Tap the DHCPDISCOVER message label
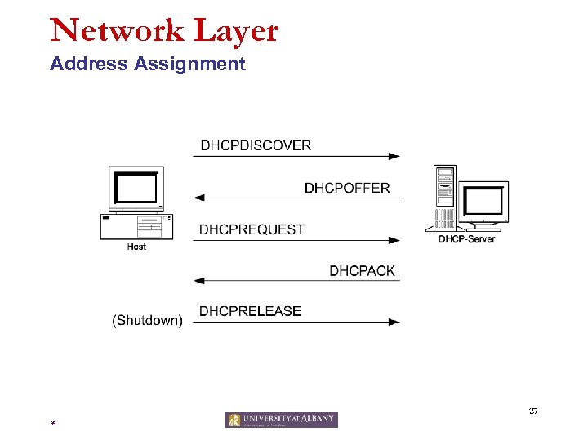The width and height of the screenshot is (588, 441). click(x=256, y=145)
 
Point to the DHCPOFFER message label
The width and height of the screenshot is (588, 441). click(x=347, y=188)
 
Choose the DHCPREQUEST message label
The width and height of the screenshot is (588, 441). click(x=252, y=229)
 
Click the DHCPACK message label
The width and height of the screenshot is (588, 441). click(x=362, y=270)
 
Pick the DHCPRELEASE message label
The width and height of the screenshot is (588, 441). click(x=250, y=311)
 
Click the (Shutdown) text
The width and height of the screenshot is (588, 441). click(x=147, y=321)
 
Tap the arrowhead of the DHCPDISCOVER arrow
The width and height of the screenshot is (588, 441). click(x=394, y=156)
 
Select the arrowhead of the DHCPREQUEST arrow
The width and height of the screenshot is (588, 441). click(x=394, y=240)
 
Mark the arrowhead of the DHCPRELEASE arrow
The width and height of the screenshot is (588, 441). click(x=394, y=323)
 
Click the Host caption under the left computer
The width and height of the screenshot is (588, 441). click(x=136, y=246)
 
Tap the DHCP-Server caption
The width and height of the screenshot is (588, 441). click(x=467, y=238)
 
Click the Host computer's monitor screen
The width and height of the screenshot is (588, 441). click(x=136, y=189)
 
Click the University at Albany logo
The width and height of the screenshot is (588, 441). click(x=282, y=420)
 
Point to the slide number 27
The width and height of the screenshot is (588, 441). click(x=532, y=411)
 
